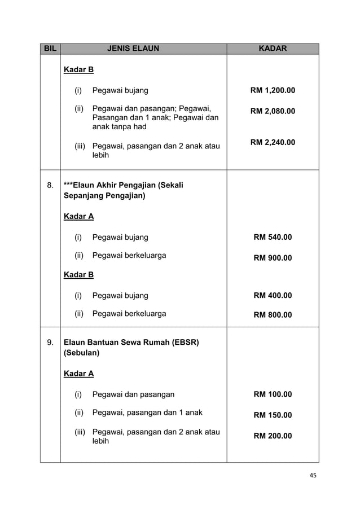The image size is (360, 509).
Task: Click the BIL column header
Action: (x=50, y=49)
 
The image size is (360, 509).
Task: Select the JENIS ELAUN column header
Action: (x=133, y=49)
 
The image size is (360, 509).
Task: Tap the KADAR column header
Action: (x=273, y=49)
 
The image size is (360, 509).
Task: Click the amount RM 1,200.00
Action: (x=273, y=90)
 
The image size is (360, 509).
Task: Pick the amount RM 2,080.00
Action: (x=273, y=111)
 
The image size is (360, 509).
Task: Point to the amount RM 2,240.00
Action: (x=273, y=142)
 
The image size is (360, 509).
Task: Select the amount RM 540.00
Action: (x=273, y=237)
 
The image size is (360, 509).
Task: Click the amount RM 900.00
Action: (x=273, y=258)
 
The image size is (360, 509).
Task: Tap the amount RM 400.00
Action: (x=273, y=295)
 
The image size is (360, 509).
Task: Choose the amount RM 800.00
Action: (x=273, y=315)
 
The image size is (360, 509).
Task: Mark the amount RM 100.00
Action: (x=273, y=394)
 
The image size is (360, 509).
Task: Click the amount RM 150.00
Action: (x=273, y=415)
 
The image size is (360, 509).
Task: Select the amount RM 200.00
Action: (x=273, y=436)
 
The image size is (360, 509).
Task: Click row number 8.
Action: (x=50, y=185)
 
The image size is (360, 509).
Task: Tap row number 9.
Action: (x=50, y=342)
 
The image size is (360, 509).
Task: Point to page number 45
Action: (x=312, y=475)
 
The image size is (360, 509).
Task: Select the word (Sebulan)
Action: (x=82, y=353)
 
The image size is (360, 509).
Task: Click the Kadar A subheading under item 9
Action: (x=79, y=374)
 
